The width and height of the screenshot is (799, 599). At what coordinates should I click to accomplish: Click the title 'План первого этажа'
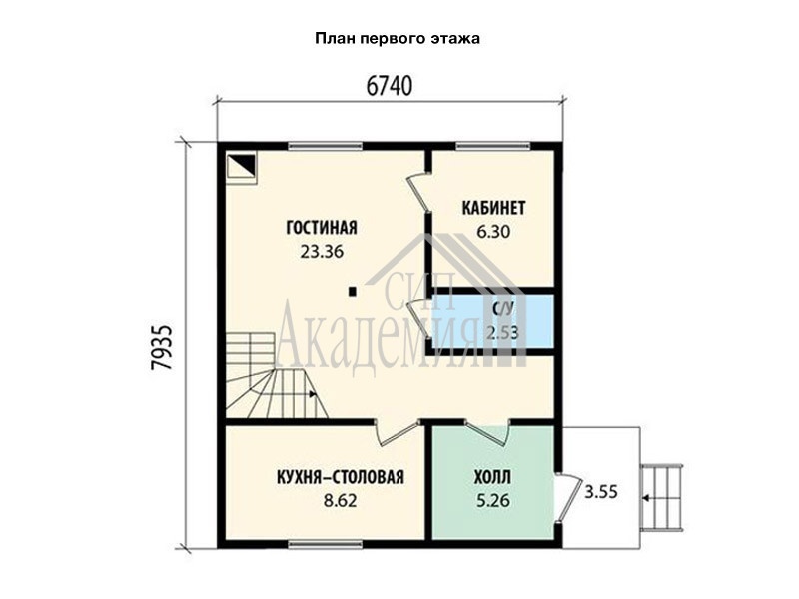(398, 39)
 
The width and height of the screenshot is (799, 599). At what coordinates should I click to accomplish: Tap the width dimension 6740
(390, 87)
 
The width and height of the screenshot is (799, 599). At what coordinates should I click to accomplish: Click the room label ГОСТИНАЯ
(322, 228)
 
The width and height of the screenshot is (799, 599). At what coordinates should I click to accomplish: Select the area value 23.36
(322, 252)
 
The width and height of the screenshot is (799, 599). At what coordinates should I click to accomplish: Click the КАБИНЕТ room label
(493, 208)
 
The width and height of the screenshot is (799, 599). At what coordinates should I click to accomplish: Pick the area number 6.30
(493, 232)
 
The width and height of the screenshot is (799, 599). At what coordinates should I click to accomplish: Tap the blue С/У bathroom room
(493, 321)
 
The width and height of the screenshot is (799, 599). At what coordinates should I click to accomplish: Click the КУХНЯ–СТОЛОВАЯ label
(341, 477)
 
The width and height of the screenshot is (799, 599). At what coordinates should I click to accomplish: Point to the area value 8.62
(341, 501)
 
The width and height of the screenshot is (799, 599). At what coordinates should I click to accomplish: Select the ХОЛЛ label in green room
(492, 477)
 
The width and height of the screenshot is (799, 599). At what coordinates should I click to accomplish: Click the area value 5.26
(492, 501)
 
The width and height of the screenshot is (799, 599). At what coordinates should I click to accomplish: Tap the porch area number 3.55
(601, 492)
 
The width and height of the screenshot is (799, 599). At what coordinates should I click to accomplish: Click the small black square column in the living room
(352, 292)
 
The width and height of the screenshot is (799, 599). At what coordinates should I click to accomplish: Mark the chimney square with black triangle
(241, 166)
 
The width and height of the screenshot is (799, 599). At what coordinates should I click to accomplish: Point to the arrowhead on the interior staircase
(313, 394)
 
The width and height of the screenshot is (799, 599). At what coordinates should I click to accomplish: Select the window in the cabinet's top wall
(493, 146)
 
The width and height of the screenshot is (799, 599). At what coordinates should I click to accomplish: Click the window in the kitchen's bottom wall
(326, 544)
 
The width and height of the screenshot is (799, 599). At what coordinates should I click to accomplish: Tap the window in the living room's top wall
(326, 146)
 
